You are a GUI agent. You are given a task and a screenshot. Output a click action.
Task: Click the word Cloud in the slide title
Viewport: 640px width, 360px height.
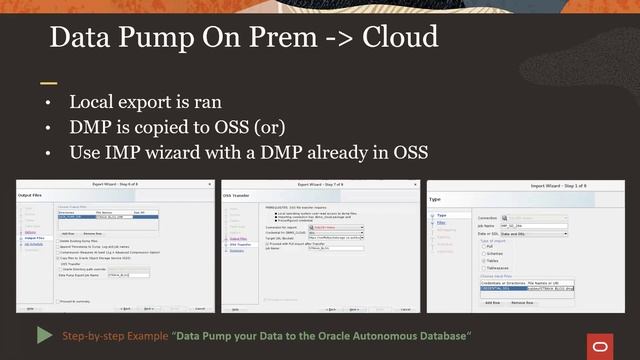pos(394,38)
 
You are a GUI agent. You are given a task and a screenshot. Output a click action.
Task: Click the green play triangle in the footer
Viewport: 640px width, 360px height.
pos(45,334)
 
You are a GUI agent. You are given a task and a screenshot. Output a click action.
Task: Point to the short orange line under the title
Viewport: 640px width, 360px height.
pos(48,82)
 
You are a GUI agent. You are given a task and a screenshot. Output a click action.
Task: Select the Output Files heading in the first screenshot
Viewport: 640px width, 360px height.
pos(35,196)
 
